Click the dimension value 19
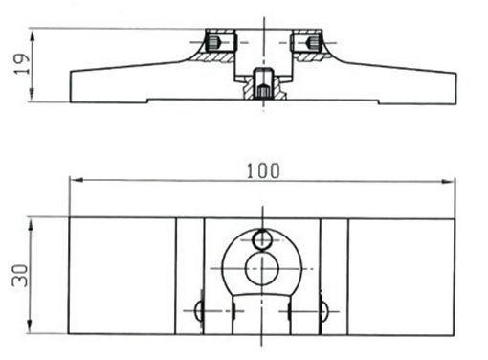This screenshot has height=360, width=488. [22, 64]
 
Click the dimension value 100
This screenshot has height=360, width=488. [263, 170]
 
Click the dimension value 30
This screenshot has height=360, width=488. [20, 276]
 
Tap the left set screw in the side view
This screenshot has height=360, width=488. [213, 42]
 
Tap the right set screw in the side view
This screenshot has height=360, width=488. [313, 42]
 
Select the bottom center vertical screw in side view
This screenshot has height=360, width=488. [263, 84]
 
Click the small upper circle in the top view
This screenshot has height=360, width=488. [262, 239]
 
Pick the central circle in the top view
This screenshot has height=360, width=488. [262, 268]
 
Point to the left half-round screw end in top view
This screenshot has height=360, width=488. [198, 310]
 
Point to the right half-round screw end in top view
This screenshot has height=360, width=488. [323, 311]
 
